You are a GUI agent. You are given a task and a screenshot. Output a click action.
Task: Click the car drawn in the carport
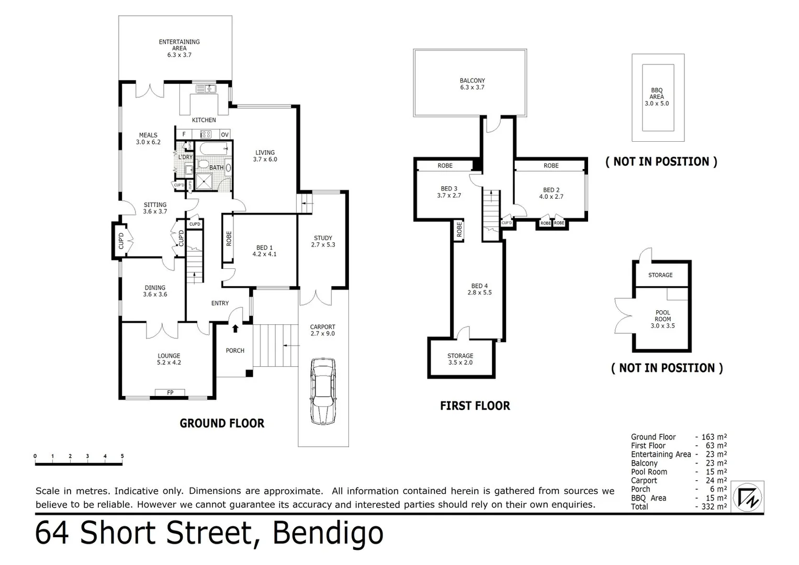323,391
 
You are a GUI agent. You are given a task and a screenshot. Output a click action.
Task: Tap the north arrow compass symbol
748,497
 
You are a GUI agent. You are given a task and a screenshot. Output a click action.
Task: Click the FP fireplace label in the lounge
170,392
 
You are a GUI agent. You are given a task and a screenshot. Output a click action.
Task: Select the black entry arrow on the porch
235,329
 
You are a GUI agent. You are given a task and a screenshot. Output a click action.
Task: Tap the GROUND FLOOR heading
222,423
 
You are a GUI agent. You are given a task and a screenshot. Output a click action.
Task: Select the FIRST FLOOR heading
475,405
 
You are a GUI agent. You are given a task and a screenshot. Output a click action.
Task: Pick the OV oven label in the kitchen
224,134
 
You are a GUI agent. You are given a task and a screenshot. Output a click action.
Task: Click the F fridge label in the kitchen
184,134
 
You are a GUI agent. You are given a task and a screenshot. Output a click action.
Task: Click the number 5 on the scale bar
122,456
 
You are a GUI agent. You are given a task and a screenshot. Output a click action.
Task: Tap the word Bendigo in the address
328,534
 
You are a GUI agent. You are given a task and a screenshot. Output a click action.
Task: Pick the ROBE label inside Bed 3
445,165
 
